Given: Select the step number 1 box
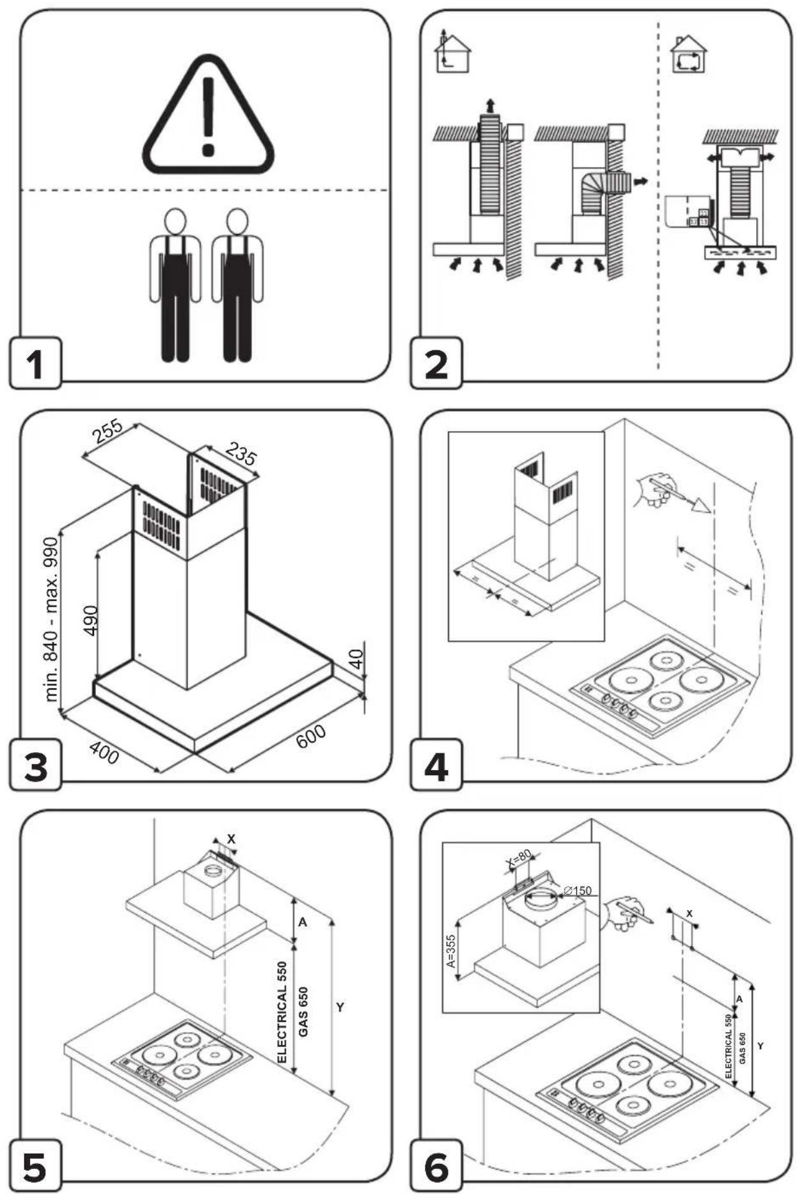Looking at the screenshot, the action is (x=35, y=363).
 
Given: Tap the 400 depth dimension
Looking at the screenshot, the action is (x=103, y=752).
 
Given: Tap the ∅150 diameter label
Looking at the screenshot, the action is (x=578, y=891).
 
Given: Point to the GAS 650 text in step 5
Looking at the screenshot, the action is (x=303, y=1012).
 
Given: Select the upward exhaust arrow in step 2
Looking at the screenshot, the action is (x=490, y=106).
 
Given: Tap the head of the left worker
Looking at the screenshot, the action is (x=175, y=221).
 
